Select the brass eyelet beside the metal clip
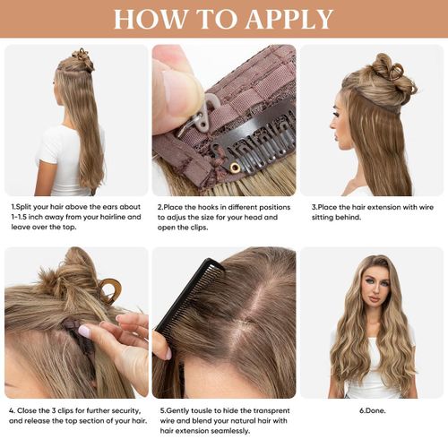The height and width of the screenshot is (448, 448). [x=235, y=167]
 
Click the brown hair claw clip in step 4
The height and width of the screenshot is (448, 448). [x=109, y=289]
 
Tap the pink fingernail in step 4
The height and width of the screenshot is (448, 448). [x=83, y=331]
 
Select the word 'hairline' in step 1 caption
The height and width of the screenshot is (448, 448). [x=107, y=216]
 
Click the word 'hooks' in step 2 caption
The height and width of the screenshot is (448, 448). [x=214, y=206]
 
